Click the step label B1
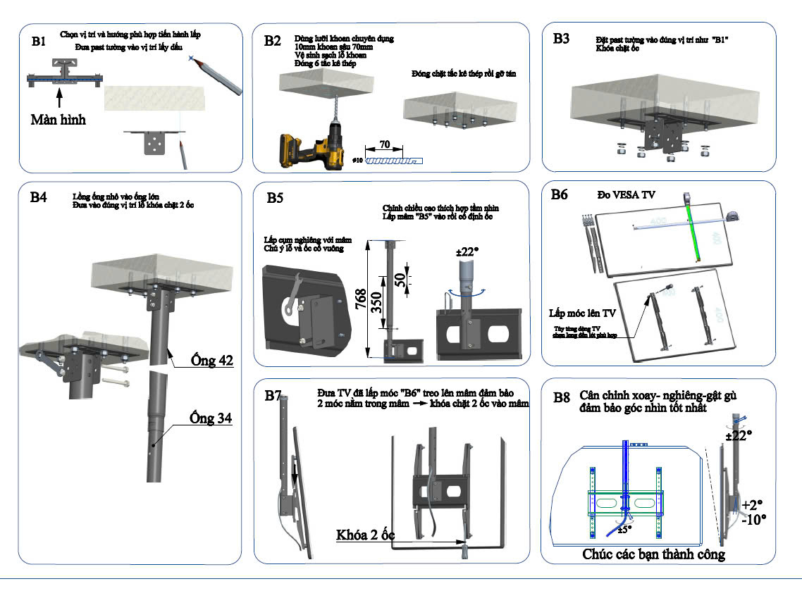pos(39,42)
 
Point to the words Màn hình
pos(58,120)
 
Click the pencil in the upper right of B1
pos(218,77)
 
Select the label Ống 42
pos(212,361)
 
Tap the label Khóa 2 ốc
pos(365,535)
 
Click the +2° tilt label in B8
pos(752,504)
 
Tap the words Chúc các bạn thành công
pos(653,554)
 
